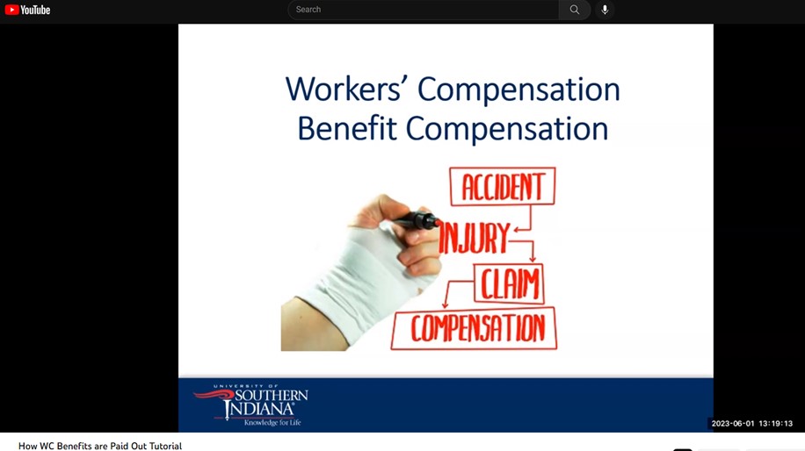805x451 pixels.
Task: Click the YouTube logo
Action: pyautogui.click(x=27, y=10)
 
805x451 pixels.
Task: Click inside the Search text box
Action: pyautogui.click(x=423, y=10)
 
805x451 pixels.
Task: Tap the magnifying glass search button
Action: pyautogui.click(x=575, y=10)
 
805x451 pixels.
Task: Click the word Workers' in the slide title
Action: pyautogui.click(x=343, y=89)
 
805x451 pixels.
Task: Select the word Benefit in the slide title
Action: pyautogui.click(x=347, y=128)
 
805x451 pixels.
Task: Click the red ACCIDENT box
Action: pyautogui.click(x=502, y=186)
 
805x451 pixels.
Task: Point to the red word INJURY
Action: pyautogui.click(x=474, y=238)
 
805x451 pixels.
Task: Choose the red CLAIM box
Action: pyautogui.click(x=509, y=283)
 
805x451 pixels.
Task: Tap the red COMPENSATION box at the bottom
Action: pyautogui.click(x=474, y=328)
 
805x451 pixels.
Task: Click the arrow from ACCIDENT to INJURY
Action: pyautogui.click(x=530, y=220)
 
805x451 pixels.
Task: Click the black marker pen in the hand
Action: pyautogui.click(x=415, y=221)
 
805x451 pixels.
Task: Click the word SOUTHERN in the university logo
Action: pyautogui.click(x=271, y=396)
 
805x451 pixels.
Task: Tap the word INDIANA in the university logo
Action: pyautogui.click(x=259, y=409)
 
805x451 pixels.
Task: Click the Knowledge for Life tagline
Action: pyautogui.click(x=272, y=423)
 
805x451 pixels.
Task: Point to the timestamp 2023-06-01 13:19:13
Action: pyautogui.click(x=751, y=423)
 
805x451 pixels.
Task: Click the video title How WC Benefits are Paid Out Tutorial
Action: pyautogui.click(x=100, y=446)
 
